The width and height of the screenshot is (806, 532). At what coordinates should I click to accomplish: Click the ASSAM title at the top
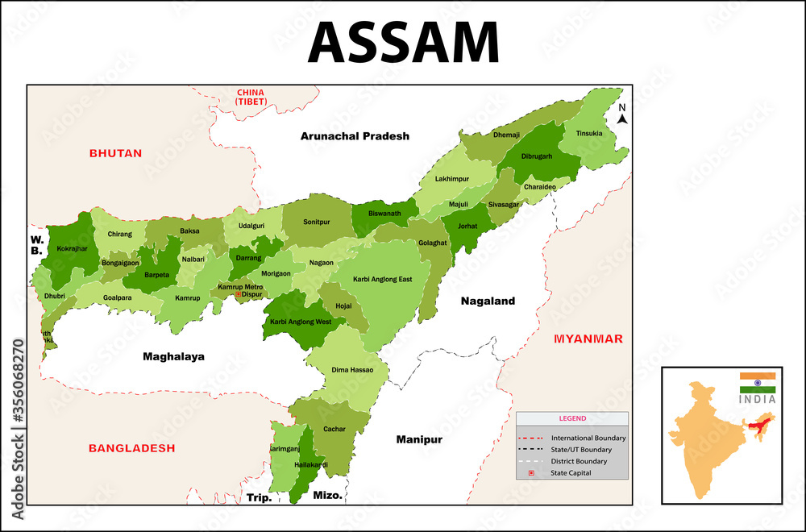point(403,42)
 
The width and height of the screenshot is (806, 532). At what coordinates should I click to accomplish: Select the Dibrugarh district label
point(536,156)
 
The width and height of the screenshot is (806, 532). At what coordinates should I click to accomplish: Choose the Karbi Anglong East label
point(382,279)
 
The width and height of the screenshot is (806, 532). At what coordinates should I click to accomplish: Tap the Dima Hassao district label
point(351,370)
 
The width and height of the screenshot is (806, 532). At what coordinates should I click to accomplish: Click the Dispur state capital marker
point(239,295)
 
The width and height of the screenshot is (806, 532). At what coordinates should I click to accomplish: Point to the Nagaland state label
point(487,301)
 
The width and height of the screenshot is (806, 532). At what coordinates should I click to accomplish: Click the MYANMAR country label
point(588,339)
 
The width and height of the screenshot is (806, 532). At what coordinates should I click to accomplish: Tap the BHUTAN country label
point(115,152)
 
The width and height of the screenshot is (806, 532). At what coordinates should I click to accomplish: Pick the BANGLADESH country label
point(131,447)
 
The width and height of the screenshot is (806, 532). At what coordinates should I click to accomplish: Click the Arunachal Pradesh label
point(355,136)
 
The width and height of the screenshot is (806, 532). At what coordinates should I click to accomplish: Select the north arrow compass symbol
point(621,114)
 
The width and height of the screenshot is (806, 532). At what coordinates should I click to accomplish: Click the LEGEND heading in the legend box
point(572,418)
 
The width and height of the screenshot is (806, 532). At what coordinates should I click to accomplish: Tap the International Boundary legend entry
point(588,438)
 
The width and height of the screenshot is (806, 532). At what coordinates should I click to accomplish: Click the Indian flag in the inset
point(757,383)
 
